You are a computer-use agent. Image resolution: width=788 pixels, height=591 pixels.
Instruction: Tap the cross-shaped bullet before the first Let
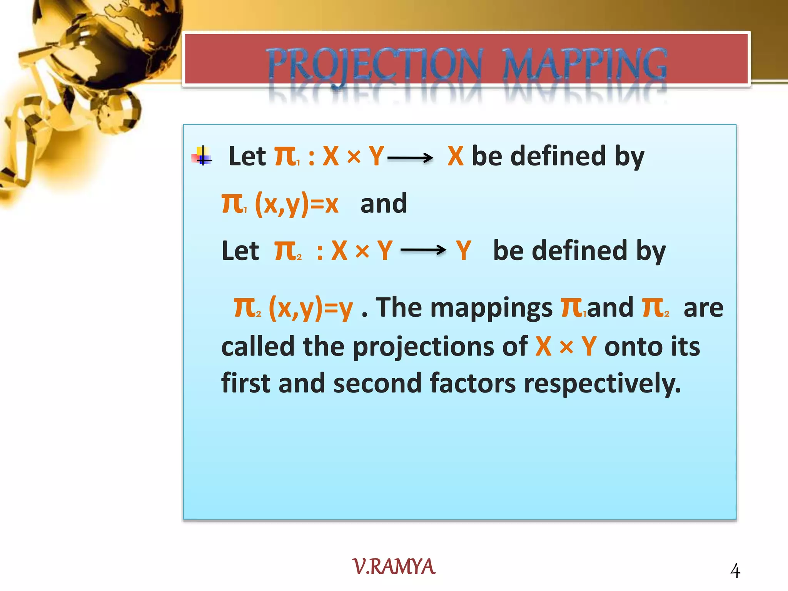203,156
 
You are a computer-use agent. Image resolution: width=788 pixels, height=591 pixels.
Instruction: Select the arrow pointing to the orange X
410,157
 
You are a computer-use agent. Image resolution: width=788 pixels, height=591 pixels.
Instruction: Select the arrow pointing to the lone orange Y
423,250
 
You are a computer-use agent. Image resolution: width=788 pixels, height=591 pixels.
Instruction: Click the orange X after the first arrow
456,156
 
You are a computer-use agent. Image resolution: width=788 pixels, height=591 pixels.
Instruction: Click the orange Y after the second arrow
464,250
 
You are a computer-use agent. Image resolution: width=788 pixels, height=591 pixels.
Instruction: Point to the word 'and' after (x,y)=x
384,204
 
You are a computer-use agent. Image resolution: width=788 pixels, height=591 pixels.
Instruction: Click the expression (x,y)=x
297,204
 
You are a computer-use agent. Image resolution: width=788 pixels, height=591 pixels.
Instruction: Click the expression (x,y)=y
311,308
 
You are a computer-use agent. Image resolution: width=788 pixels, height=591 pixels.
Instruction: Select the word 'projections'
440,346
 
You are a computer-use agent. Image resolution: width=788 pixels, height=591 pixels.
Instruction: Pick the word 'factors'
472,383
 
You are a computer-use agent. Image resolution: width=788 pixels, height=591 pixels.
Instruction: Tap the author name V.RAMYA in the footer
394,567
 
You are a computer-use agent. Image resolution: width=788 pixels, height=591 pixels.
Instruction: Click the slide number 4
735,571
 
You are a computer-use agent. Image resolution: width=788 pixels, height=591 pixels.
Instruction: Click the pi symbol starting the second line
232,204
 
